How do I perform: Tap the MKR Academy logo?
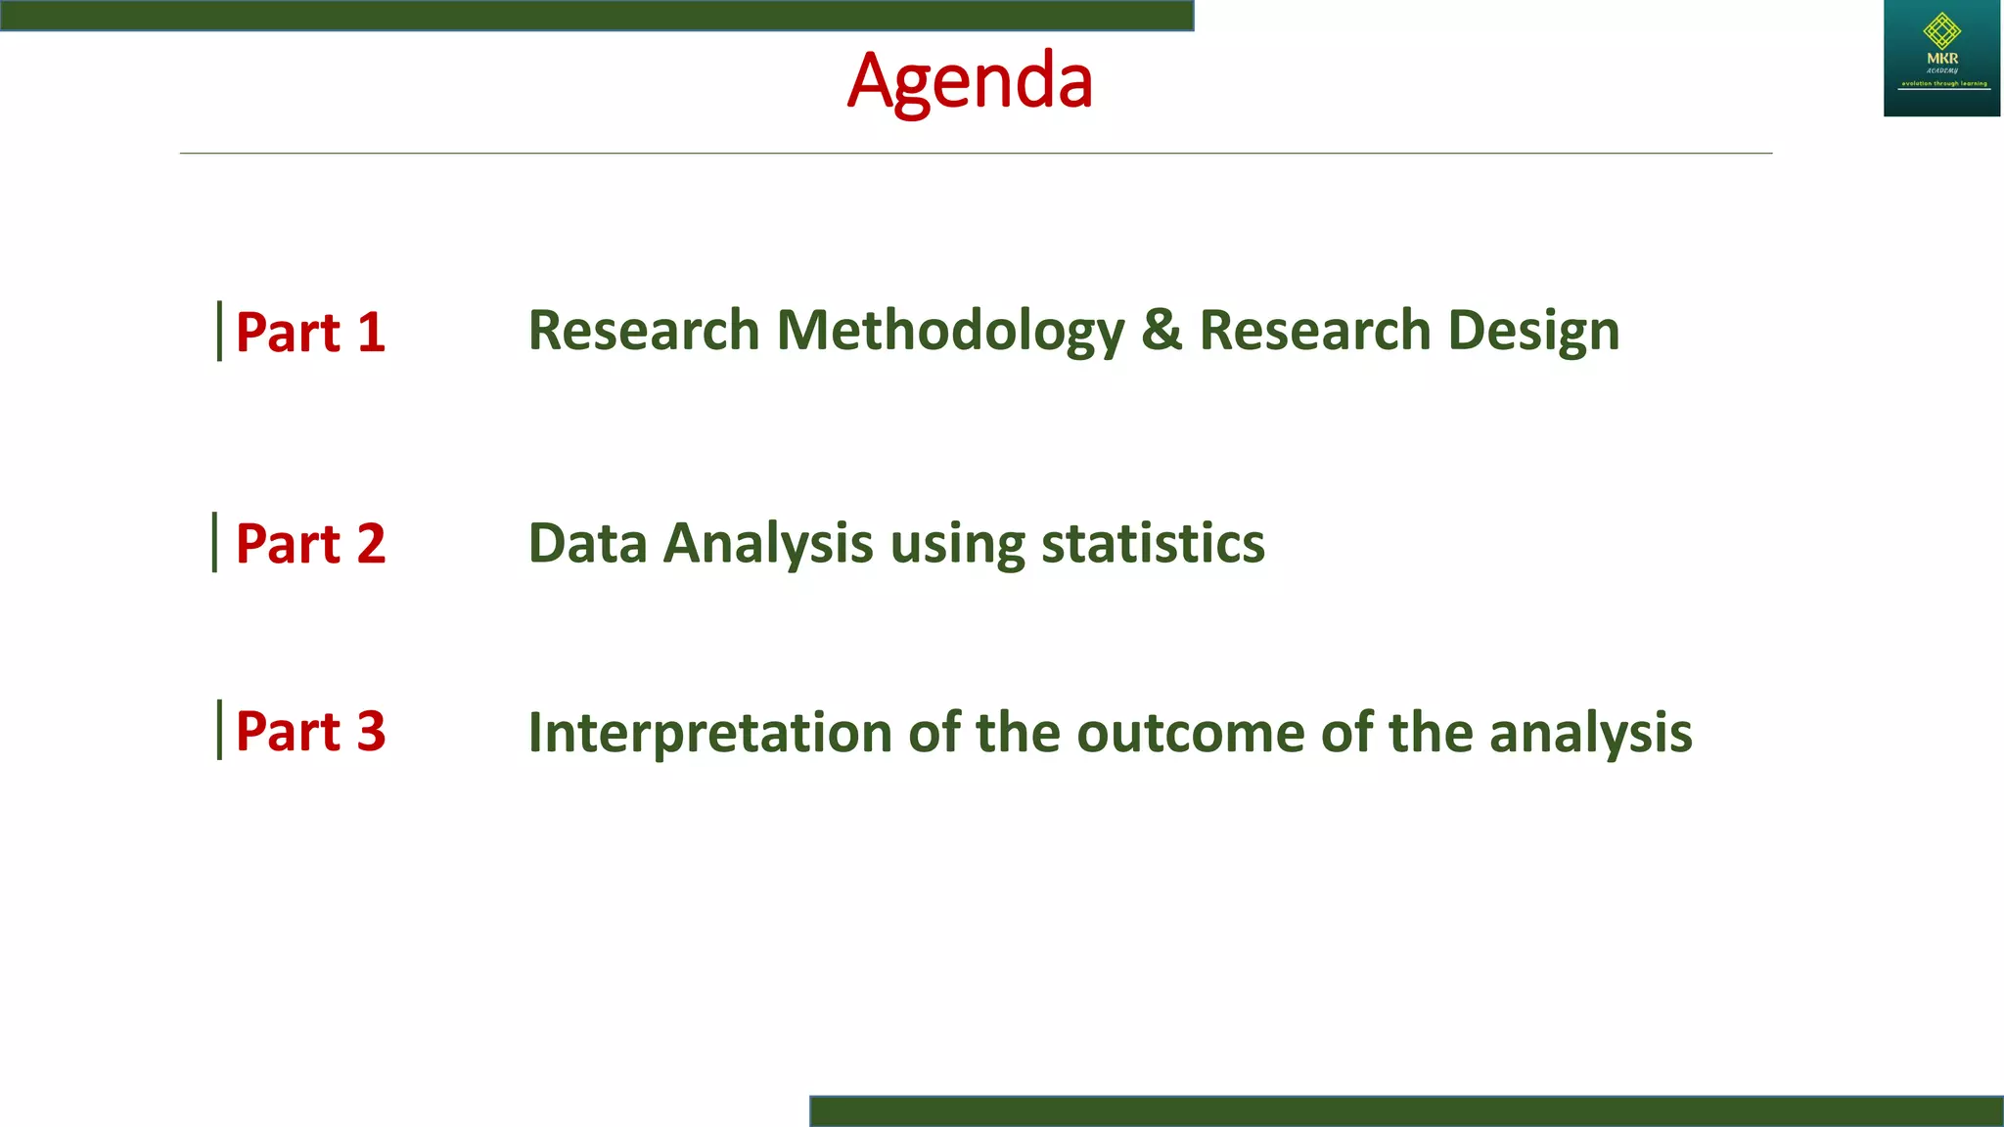click(1941, 58)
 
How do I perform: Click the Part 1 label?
click(310, 333)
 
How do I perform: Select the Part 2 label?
click(310, 544)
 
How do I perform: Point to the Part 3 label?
click(310, 732)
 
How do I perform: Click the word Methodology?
click(950, 331)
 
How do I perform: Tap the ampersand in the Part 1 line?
click(1161, 331)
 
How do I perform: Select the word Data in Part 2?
click(587, 544)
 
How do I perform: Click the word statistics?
click(1152, 544)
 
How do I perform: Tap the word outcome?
click(1190, 733)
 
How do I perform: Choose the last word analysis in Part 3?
click(1590, 733)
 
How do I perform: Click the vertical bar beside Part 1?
click(219, 332)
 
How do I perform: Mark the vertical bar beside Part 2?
click(214, 542)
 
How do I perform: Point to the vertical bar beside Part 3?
click(219, 730)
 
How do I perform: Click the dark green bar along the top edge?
click(597, 15)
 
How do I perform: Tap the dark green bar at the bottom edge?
click(1406, 1111)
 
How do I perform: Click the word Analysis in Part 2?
click(767, 544)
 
